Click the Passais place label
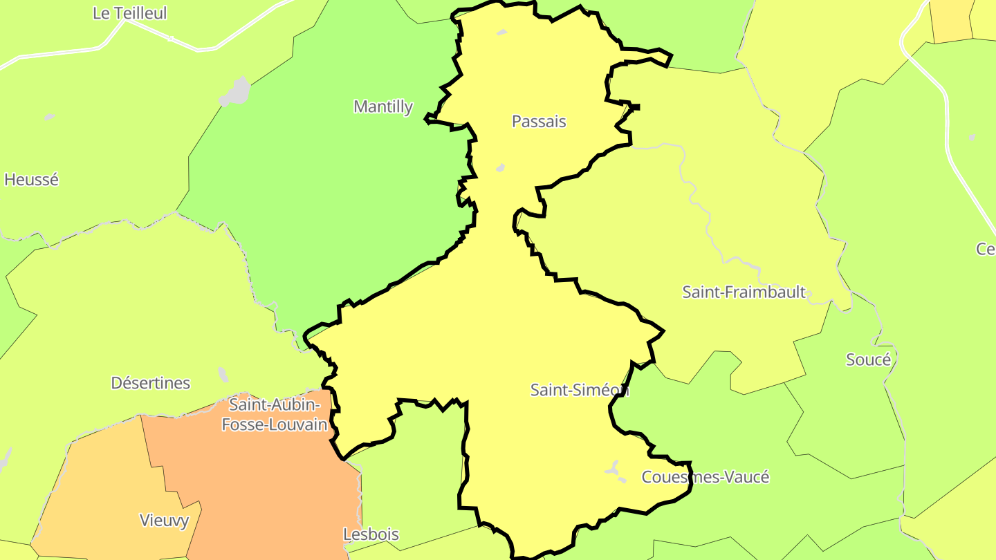pos(539,122)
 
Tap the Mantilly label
pos(383,107)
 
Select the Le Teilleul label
pos(130,13)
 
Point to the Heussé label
pos(31,180)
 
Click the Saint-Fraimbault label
pos(744,292)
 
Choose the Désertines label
pos(150,383)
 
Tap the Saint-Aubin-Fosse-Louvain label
pos(275,414)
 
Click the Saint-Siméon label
pos(580,390)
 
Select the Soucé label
pos(869,360)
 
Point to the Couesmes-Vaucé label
pos(705,477)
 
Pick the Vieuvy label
pos(164,521)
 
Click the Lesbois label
pos(371,534)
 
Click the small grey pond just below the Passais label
pos(500,168)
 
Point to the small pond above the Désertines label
pos(223,374)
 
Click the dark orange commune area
pos(263,484)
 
